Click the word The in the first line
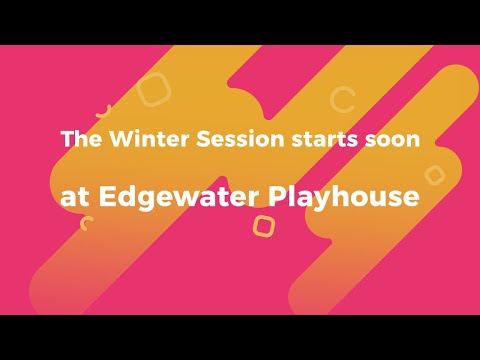78,139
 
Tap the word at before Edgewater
73,197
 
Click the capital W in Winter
110,139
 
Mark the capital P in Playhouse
281,195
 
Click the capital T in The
66,139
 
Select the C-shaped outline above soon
343,99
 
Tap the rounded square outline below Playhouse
263,226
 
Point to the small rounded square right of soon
434,175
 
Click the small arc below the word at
87,223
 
